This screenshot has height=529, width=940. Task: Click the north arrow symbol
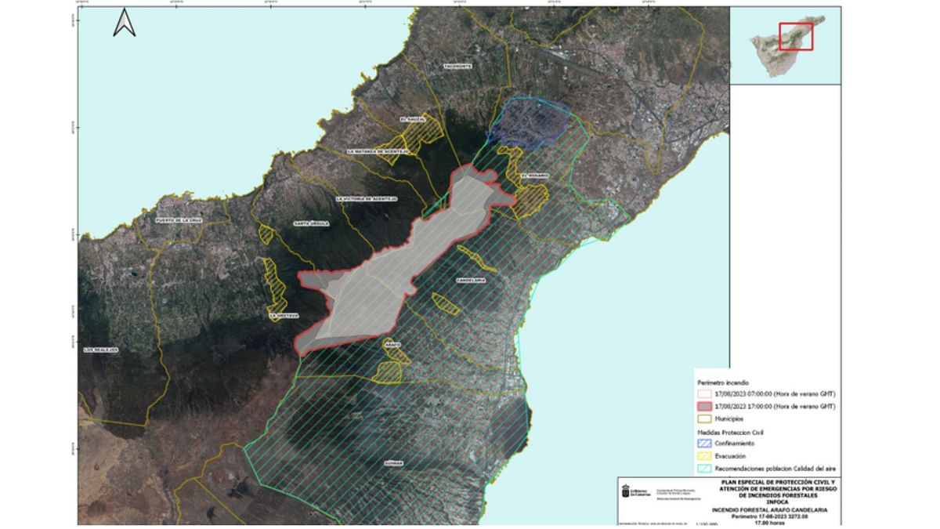tap(125, 23)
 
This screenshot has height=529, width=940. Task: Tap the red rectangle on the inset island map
tap(796, 36)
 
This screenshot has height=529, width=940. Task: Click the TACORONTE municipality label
tap(458, 67)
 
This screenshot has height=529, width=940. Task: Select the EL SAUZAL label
tap(412, 118)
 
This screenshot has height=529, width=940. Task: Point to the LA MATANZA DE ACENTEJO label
tap(378, 150)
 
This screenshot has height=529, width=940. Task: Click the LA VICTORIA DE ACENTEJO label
tap(367, 199)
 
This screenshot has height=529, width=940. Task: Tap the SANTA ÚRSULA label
tap(311, 223)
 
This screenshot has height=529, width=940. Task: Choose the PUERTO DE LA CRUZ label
tap(179, 221)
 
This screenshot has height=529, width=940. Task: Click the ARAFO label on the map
tap(392, 342)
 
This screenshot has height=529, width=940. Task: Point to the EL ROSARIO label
tap(535, 176)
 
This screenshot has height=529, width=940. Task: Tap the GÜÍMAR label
tap(393, 462)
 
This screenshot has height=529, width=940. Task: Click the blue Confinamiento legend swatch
tap(704, 443)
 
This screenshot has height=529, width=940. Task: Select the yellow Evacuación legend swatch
tap(704, 455)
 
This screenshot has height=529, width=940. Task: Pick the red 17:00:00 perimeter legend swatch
tap(704, 406)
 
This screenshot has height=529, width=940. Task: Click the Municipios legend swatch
tap(704, 418)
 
